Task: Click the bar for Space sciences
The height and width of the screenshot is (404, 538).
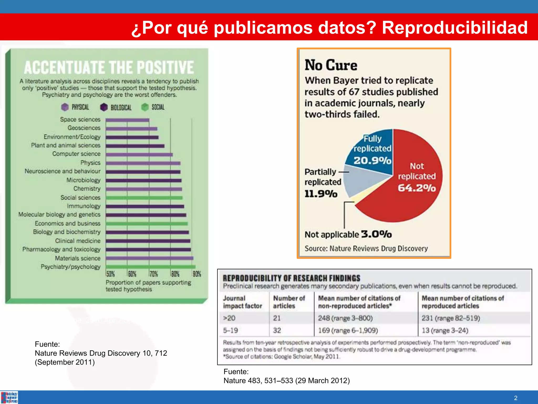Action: [x=127, y=120]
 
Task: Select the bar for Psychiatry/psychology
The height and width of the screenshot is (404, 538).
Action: [x=150, y=267]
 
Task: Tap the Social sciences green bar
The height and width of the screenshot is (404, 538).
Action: [x=144, y=198]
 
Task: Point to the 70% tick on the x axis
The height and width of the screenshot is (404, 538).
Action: [x=153, y=274]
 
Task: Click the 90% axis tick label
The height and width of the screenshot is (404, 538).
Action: [x=197, y=274]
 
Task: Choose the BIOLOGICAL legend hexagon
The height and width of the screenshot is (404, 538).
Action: [x=104, y=107]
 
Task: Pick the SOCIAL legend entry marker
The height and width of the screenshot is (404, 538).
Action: [x=145, y=107]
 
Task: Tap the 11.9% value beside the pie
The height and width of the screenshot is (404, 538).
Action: [x=321, y=194]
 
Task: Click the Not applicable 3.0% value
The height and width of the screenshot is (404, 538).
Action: [x=376, y=234]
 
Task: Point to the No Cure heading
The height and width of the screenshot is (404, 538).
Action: [x=331, y=65]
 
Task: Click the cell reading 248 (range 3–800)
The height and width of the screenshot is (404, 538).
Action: [x=345, y=318]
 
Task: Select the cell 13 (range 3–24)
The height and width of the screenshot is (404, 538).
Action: [x=445, y=330]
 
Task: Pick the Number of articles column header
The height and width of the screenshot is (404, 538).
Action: [x=289, y=302]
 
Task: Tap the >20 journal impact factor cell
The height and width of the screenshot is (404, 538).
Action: [x=229, y=318]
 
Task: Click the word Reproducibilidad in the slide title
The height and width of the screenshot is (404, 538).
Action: [x=454, y=27]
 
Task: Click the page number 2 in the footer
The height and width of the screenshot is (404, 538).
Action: [x=516, y=398]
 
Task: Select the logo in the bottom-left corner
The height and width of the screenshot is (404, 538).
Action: [x=9, y=397]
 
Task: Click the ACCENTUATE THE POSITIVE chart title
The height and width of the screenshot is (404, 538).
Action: [x=109, y=67]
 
